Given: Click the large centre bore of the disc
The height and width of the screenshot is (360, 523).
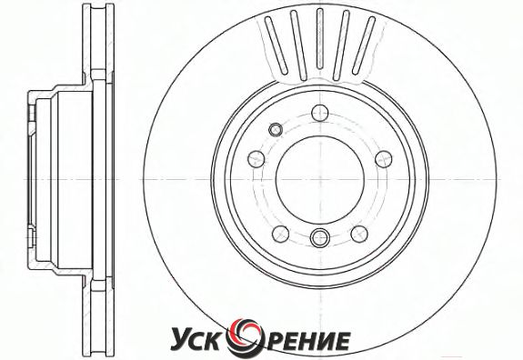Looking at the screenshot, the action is pos(320,180).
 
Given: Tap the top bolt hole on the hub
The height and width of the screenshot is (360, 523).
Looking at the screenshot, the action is pos(320,113).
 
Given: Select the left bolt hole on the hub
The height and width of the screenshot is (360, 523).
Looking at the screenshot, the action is pos(256,159).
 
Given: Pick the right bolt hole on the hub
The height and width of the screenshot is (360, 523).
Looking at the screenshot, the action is pos(384,159).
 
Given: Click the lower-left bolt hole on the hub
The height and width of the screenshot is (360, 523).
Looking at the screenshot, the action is pos(280,234).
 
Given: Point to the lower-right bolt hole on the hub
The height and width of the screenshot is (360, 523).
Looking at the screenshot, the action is pos(359,234).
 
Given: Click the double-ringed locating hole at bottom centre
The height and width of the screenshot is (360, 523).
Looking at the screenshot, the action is pos(320,237).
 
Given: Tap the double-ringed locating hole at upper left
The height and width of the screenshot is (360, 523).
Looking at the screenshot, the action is pos(276,129).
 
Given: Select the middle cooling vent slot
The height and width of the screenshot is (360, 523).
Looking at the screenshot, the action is pos(320,39).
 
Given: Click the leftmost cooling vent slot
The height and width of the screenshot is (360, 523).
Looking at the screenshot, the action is pos(277,45).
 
